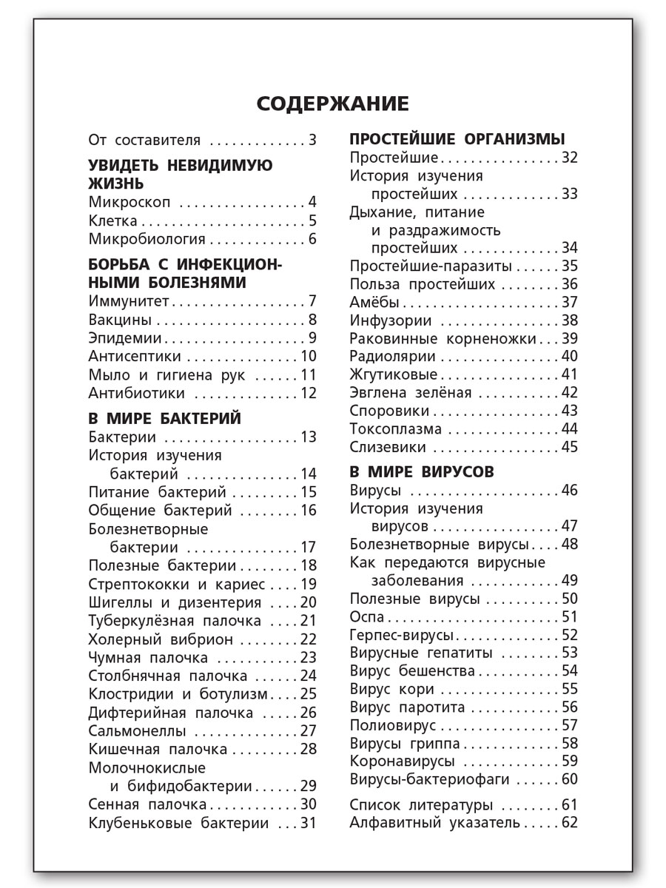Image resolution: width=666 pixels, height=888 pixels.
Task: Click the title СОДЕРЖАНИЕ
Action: point(332,104)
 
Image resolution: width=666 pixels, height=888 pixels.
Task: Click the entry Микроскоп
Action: point(129,203)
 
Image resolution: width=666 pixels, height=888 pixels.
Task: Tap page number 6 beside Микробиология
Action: point(312,239)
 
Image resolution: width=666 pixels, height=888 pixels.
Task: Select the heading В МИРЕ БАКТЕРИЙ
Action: point(164,419)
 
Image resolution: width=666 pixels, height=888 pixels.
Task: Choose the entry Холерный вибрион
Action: point(161,639)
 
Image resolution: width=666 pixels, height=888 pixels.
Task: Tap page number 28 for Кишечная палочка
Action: point(308,749)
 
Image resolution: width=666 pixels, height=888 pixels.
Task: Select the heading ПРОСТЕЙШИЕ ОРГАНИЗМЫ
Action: point(457,139)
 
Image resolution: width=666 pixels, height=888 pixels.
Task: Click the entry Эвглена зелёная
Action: point(410,393)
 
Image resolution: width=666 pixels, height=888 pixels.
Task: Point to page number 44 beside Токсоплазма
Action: point(569,429)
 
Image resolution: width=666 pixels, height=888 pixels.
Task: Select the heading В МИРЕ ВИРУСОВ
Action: point(422,472)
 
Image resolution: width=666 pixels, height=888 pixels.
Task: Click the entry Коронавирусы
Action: point(402,761)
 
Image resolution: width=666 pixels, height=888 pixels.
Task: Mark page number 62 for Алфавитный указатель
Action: point(569,822)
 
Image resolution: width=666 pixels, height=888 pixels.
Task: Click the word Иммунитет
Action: point(129,301)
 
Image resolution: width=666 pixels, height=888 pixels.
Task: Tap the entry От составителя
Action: point(144,140)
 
